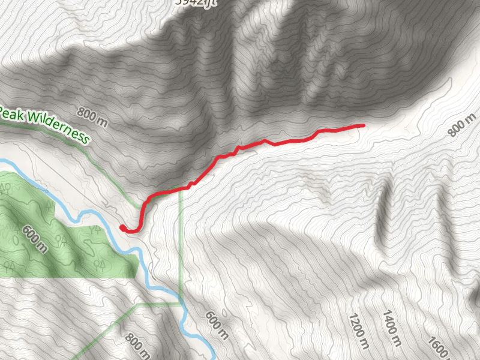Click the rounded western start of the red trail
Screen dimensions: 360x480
123,227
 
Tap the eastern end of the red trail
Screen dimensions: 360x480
363,125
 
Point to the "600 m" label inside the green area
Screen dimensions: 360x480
34,238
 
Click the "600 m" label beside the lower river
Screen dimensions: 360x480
217,325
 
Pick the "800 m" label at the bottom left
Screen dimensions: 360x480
138,347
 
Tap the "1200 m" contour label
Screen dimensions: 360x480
358,329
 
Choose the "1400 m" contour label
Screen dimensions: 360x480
391,327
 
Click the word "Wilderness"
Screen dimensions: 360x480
58,128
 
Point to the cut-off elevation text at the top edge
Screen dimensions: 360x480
195,2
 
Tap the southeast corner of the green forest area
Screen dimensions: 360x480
138,277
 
